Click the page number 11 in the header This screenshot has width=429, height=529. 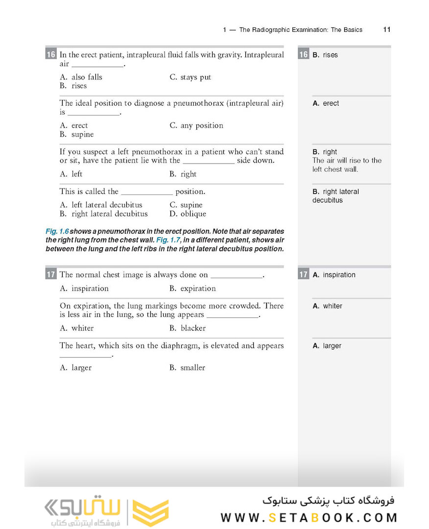tap(387, 29)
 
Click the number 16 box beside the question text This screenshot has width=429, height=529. tap(51, 54)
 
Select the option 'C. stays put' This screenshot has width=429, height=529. tap(191, 77)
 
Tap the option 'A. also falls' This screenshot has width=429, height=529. tap(81, 77)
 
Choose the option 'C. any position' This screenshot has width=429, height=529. tap(196, 125)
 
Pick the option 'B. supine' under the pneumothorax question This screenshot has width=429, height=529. tap(76, 134)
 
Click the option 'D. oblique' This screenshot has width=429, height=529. tap(188, 214)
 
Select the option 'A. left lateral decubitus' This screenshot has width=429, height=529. tap(101, 205)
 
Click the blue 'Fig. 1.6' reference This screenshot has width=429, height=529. tap(57, 231)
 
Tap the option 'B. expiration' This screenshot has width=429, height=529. tap(192, 289)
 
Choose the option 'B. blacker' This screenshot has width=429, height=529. tap(188, 328)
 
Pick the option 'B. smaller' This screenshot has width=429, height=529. tap(187, 368)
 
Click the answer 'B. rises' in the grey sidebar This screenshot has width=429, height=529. tap(325, 55)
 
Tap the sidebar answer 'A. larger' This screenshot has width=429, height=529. tap(327, 346)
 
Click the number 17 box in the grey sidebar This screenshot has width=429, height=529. tap(304, 275)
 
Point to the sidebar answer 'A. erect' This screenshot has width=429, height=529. tap(326, 103)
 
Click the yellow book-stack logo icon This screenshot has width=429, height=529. tap(151, 512)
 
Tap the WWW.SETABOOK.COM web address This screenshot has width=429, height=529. tap(309, 518)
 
